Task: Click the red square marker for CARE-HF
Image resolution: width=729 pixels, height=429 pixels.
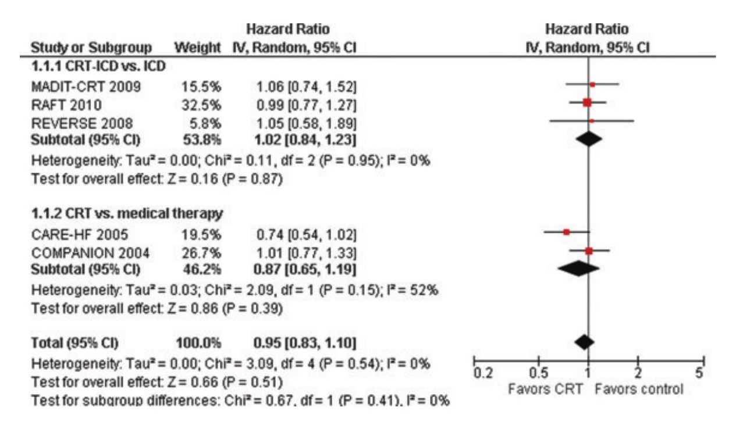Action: pos(566,232)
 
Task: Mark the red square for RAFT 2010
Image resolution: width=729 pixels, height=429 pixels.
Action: pos(587,103)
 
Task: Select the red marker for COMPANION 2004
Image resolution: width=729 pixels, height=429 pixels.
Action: pos(589,251)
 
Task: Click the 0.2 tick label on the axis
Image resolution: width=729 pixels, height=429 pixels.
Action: pos(480,373)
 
